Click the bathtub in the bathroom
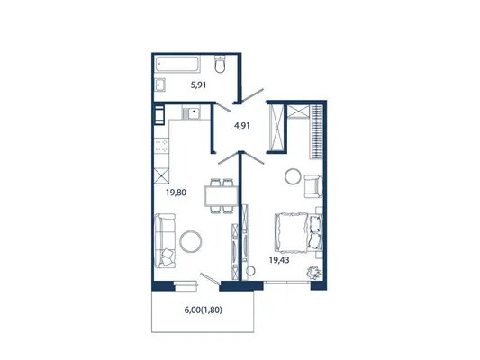pos(177,64)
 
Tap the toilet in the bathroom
pos(220,64)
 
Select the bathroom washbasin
pos(159,85)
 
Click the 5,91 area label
pos(198,85)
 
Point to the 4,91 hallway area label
pos(242,125)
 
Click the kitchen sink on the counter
pos(191,112)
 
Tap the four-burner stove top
pos(161,146)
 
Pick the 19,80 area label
pos(176,193)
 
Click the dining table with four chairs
pos(222,196)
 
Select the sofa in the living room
pos(165,240)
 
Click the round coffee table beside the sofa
pos(190,241)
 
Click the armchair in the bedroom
pos(313,186)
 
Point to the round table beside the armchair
pos(294,176)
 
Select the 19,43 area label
pos(279,260)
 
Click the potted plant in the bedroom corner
pos(314,272)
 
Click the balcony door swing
pos(210,279)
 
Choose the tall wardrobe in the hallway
pos(276,127)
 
